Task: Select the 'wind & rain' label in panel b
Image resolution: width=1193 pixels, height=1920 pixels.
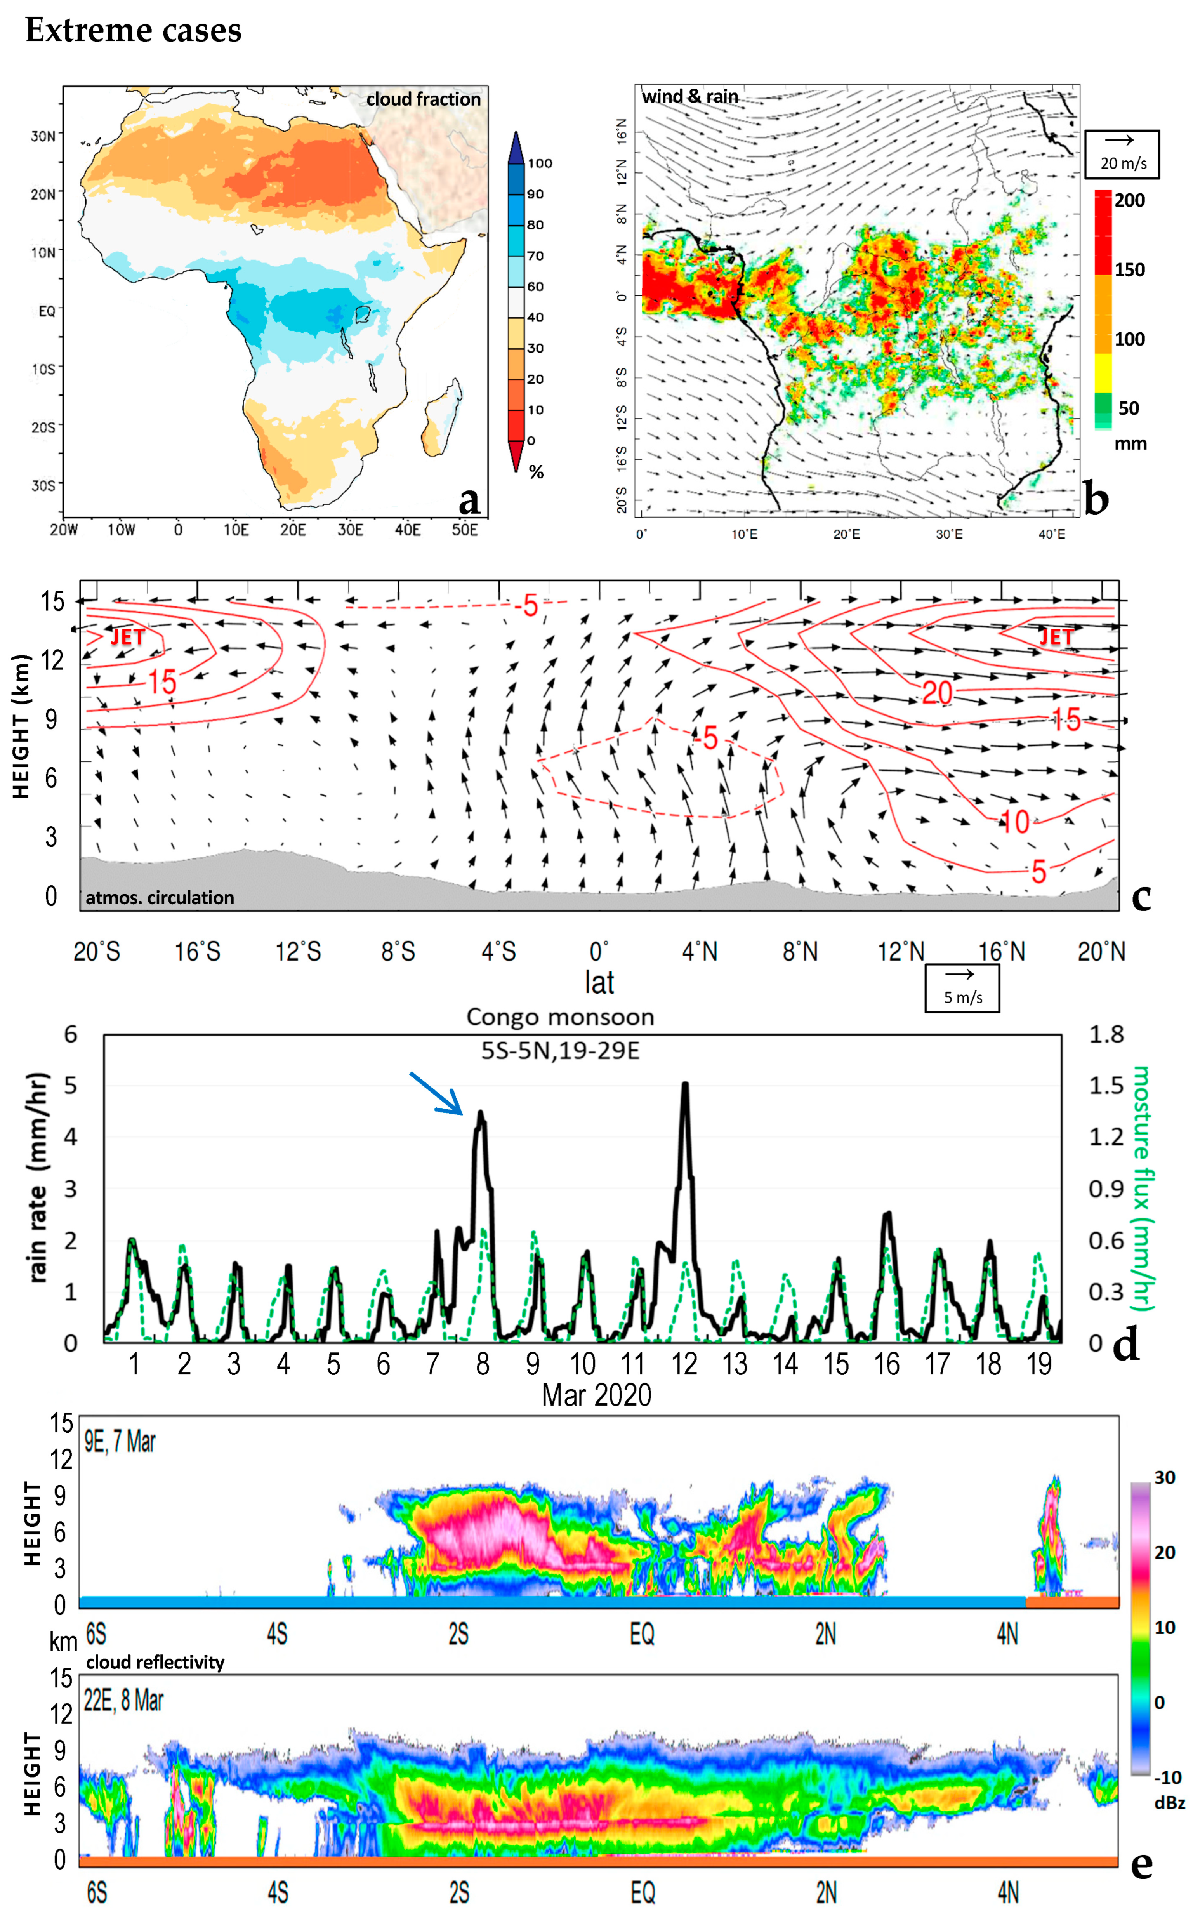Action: pos(689,96)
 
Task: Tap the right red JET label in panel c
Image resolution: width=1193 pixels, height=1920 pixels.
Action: pos(1055,637)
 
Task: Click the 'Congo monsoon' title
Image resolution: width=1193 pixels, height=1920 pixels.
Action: pos(560,1017)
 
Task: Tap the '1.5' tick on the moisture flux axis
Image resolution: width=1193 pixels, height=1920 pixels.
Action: pos(1106,1086)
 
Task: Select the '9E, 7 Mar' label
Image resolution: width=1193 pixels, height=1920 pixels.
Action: pos(120,1442)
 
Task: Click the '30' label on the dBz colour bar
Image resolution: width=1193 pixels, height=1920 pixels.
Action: pos(1165,1477)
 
